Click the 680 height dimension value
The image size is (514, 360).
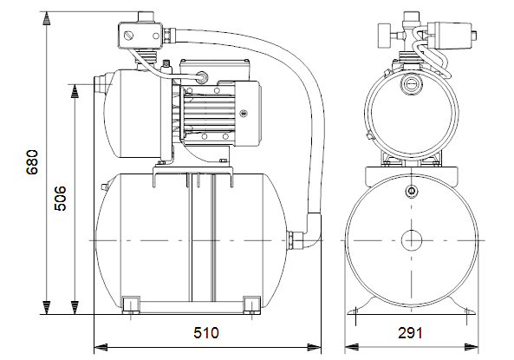[x=32, y=162]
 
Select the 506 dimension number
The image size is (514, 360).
[x=60, y=199]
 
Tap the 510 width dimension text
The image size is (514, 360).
[x=206, y=333]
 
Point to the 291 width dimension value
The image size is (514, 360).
[x=410, y=333]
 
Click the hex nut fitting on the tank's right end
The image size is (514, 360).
[x=290, y=240]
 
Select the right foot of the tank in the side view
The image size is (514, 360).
[x=251, y=304]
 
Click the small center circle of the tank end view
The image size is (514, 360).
[x=412, y=240]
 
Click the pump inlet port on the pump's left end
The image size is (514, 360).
[x=99, y=84]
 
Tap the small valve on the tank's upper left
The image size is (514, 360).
[x=105, y=187]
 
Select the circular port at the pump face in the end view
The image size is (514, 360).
[x=410, y=84]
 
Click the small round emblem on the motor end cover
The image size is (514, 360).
[x=244, y=114]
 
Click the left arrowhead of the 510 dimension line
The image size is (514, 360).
[x=101, y=346]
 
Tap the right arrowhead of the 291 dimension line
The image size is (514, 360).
[x=472, y=346]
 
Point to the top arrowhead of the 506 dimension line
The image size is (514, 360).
[x=75, y=91]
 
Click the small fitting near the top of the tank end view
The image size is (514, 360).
[x=411, y=191]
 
